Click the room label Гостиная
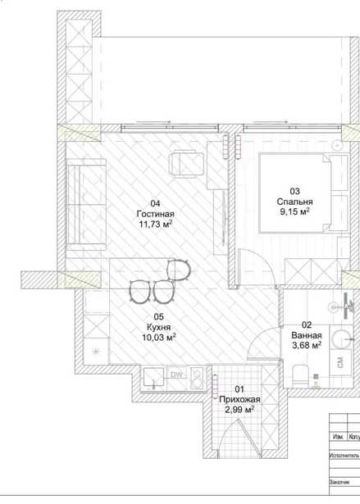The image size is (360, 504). click(155, 214)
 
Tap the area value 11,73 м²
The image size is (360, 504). click(156, 224)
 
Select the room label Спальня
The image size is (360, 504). click(294, 202)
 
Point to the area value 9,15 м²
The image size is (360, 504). click(294, 211)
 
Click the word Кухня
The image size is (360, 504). click(158, 327)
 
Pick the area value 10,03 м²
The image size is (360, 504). click(158, 338)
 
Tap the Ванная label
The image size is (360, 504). click(307, 335)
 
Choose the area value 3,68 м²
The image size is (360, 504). click(307, 346)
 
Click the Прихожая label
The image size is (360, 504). click(239, 400)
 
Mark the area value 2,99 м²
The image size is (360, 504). click(239, 410)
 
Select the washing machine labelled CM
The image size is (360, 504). click(340, 362)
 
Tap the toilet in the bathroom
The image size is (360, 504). click(301, 375)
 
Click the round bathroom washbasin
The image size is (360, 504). click(341, 338)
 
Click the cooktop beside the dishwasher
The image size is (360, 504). click(197, 378)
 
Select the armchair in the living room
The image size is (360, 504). click(187, 164)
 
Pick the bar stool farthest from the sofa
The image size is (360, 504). click(179, 270)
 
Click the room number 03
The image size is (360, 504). click(294, 192)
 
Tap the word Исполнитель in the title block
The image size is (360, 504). click(344, 456)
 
